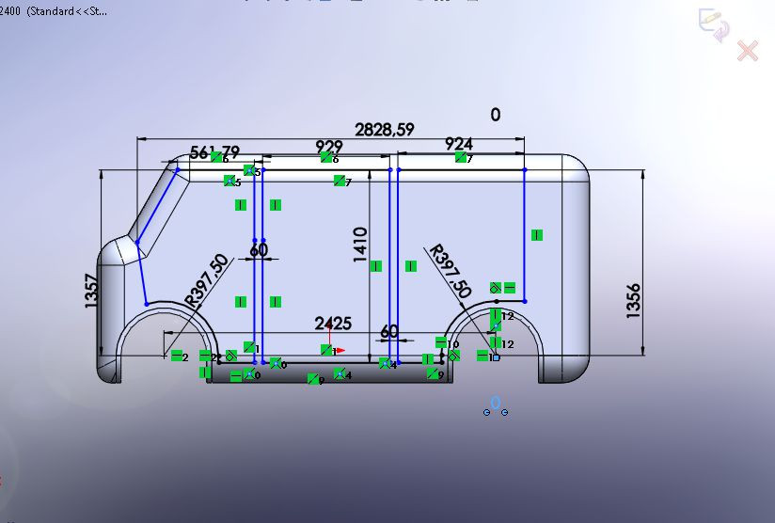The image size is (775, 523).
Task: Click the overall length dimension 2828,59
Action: click(384, 130)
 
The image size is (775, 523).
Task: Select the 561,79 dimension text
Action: click(214, 151)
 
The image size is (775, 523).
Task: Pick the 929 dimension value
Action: click(328, 147)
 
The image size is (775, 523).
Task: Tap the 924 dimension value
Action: click(458, 144)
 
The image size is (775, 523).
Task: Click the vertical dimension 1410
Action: click(360, 245)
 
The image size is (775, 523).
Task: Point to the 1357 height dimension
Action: click(91, 293)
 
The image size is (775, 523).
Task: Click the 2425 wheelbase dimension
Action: click(333, 324)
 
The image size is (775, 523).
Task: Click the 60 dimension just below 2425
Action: click(388, 333)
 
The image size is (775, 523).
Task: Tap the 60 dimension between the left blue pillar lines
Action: click(259, 250)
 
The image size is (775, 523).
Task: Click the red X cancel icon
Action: click(748, 51)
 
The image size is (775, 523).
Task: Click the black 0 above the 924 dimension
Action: click(496, 115)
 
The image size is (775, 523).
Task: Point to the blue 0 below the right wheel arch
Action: click(496, 403)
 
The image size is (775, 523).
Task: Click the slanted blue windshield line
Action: click(157, 206)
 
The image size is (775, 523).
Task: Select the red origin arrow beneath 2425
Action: click(337, 350)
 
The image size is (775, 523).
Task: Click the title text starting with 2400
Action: click(55, 11)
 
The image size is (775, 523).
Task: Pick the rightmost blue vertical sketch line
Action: click(524, 235)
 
